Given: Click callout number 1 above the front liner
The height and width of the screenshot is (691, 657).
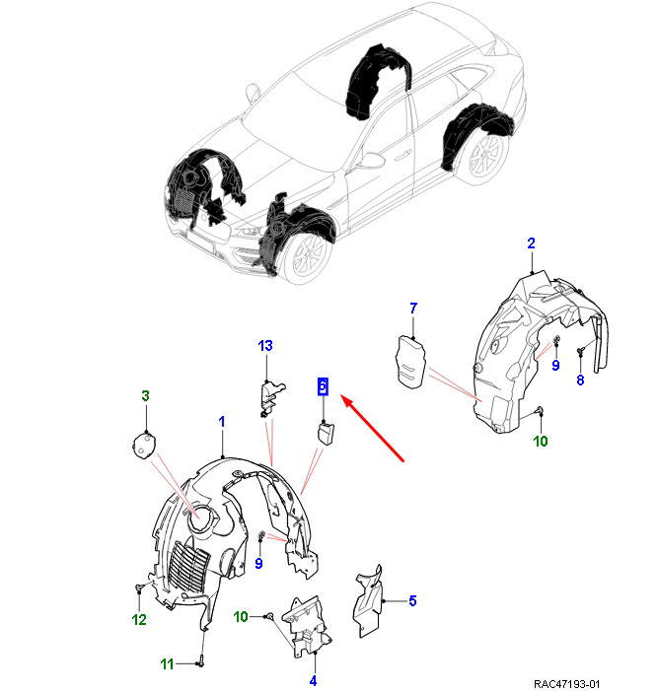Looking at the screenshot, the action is point(222,422).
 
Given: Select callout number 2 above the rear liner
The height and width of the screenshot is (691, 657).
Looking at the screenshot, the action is point(531,243).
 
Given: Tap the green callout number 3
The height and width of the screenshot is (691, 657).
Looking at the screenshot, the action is point(145,396).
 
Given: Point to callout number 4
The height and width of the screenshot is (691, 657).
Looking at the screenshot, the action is point(313,680).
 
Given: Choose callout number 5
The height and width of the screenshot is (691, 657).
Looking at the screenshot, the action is point(412,600).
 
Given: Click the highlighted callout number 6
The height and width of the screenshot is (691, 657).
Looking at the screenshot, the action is point(323,386).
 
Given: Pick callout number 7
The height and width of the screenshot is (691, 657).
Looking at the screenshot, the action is point(413,309).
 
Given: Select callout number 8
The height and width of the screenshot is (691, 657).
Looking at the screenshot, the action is point(580,380).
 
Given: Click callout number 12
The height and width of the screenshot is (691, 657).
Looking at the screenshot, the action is point(139,620).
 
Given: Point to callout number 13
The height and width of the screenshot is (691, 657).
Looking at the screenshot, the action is point(265,346).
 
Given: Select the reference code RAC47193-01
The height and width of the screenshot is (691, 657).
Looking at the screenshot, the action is point(566,682).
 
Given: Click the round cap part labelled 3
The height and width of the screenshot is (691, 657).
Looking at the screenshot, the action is point(146,445).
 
